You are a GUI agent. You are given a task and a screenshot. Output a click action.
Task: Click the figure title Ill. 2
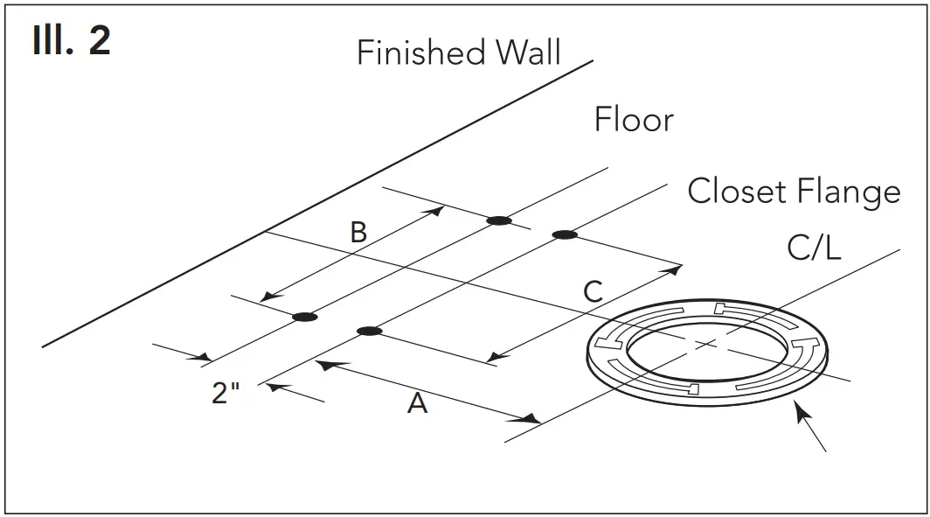click(72, 41)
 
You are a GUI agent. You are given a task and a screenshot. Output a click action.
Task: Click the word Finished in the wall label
click(422, 53)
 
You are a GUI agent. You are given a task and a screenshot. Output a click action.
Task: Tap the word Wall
click(529, 53)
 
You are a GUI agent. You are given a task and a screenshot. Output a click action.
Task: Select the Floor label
click(634, 120)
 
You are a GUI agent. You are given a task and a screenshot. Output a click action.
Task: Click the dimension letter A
click(418, 403)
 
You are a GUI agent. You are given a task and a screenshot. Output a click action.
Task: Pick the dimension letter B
click(358, 233)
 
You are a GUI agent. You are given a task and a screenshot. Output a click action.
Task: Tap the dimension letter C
click(593, 291)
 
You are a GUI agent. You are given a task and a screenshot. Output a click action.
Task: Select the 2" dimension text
click(226, 393)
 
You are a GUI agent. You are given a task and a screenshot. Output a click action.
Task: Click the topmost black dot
click(499, 220)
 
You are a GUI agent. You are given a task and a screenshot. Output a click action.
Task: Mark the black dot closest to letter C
click(565, 234)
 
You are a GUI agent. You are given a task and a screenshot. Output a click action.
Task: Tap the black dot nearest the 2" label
click(304, 316)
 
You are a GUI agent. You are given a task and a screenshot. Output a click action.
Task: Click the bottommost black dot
click(370, 331)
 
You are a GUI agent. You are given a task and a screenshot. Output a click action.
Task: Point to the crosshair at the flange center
click(706, 344)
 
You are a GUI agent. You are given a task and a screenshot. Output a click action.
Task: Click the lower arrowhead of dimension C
click(496, 357)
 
